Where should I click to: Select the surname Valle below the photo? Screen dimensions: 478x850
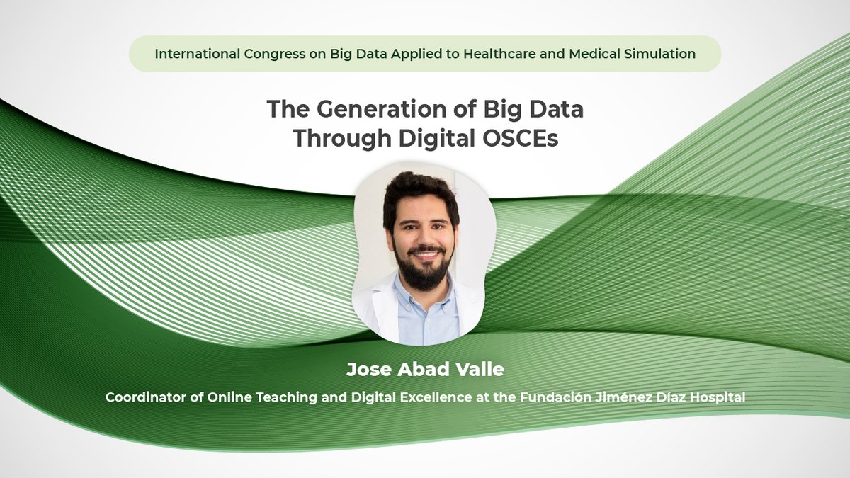click(480, 370)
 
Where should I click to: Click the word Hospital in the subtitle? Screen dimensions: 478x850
click(720, 398)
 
